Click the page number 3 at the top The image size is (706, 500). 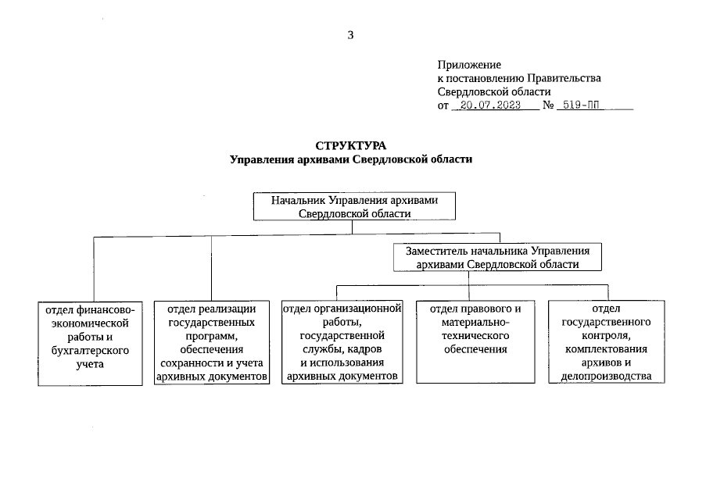(x=351, y=34)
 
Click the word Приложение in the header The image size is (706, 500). (x=469, y=66)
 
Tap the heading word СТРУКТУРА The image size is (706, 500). (x=351, y=146)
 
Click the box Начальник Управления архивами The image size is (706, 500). (x=354, y=207)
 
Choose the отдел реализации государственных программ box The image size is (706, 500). (x=212, y=342)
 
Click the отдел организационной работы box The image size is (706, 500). (x=341, y=342)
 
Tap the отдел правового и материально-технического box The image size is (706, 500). (x=475, y=342)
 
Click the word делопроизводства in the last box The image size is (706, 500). (x=606, y=377)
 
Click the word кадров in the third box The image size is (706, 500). (x=365, y=350)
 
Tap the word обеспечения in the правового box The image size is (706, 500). (x=475, y=349)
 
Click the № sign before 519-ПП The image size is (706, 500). (x=549, y=105)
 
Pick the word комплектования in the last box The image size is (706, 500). (x=606, y=350)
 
